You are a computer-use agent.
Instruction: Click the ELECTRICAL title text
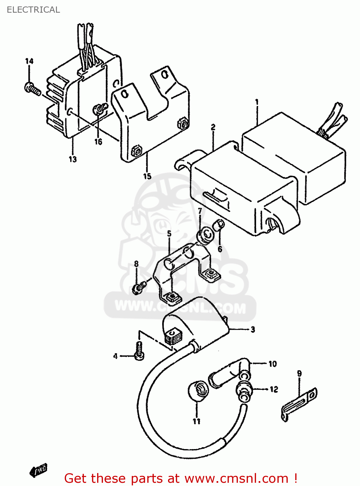33,10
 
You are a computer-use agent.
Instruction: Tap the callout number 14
29,61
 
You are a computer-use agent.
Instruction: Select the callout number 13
73,159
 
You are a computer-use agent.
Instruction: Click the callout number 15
147,176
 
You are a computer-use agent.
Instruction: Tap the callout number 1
257,102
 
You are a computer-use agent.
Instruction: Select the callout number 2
213,127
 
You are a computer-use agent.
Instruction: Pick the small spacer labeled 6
219,224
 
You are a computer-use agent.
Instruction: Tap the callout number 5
169,234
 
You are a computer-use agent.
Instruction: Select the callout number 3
253,330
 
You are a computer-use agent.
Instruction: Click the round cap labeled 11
198,391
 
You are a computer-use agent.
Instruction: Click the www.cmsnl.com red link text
236,479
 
